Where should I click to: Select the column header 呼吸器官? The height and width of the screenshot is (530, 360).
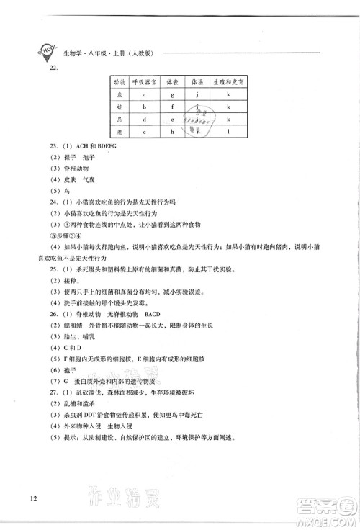click(145, 82)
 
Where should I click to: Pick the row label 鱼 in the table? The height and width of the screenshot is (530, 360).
click(119, 94)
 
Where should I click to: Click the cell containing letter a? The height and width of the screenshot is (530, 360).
click(145, 94)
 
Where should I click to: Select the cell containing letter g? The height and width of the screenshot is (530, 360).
click(172, 94)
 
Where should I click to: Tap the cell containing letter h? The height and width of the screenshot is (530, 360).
click(172, 132)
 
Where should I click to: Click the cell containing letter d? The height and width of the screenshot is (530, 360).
click(145, 119)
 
